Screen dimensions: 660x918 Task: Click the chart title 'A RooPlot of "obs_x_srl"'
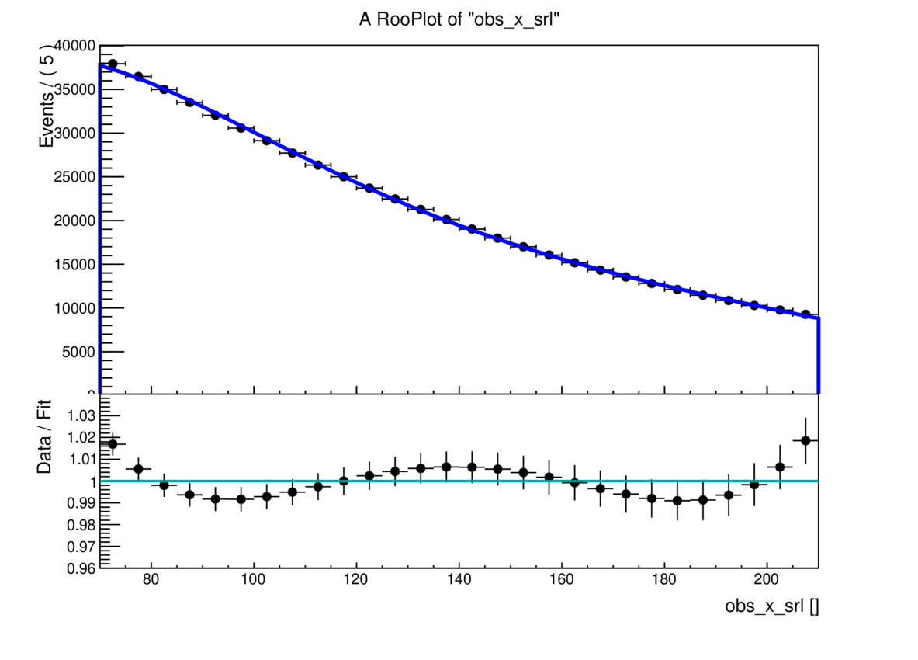459,21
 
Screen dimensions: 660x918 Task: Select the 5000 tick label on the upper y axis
78,352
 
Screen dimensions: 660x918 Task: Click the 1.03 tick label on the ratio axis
84,415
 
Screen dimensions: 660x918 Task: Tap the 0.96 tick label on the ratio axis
84,568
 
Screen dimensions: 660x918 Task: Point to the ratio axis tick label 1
92,481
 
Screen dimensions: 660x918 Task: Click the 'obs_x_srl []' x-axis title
771,606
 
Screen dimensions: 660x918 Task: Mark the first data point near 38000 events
113,64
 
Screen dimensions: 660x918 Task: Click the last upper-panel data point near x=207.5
805,314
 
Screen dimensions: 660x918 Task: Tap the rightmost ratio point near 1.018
805,440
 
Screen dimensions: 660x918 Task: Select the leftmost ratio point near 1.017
113,444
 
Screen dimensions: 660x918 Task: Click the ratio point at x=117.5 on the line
344,481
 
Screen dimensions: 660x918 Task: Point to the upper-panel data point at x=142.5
472,229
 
